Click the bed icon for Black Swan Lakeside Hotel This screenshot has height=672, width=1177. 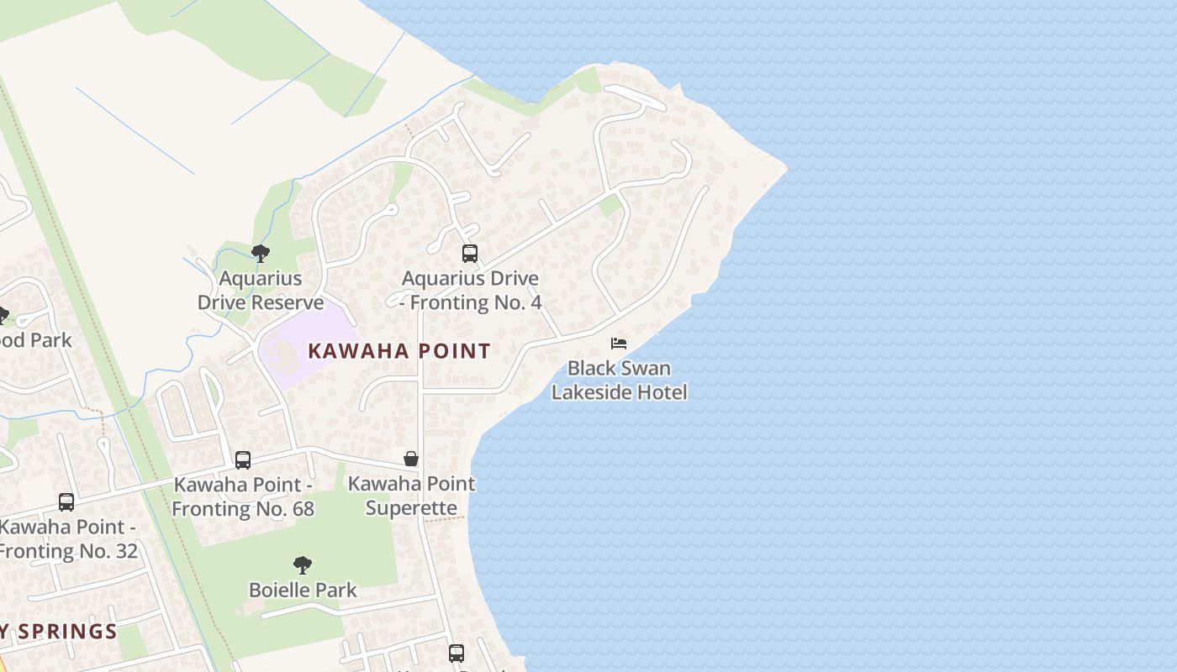click(619, 344)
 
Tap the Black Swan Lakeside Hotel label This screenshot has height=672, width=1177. click(620, 381)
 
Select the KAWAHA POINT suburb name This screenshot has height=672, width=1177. click(399, 351)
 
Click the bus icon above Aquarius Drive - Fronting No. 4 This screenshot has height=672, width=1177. click(470, 254)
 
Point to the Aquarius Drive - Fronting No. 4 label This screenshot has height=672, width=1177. click(471, 291)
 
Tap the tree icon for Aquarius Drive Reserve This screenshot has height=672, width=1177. click(261, 253)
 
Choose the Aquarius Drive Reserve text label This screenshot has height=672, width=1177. click(261, 291)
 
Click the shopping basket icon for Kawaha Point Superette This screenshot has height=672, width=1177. click(411, 459)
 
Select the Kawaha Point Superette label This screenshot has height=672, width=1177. click(412, 496)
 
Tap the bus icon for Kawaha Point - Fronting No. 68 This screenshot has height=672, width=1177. click(243, 460)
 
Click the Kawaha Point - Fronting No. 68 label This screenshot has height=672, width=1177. click(243, 496)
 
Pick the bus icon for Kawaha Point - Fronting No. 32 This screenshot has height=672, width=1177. click(66, 502)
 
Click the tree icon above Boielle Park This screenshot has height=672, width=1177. click(303, 565)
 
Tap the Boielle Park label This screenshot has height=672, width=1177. click(303, 591)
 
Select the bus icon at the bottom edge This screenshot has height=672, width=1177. click(457, 653)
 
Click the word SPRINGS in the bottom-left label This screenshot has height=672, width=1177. click(67, 632)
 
